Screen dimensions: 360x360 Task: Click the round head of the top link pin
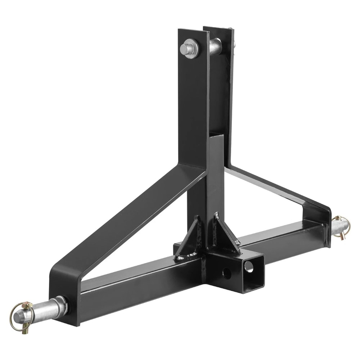(188, 48)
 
